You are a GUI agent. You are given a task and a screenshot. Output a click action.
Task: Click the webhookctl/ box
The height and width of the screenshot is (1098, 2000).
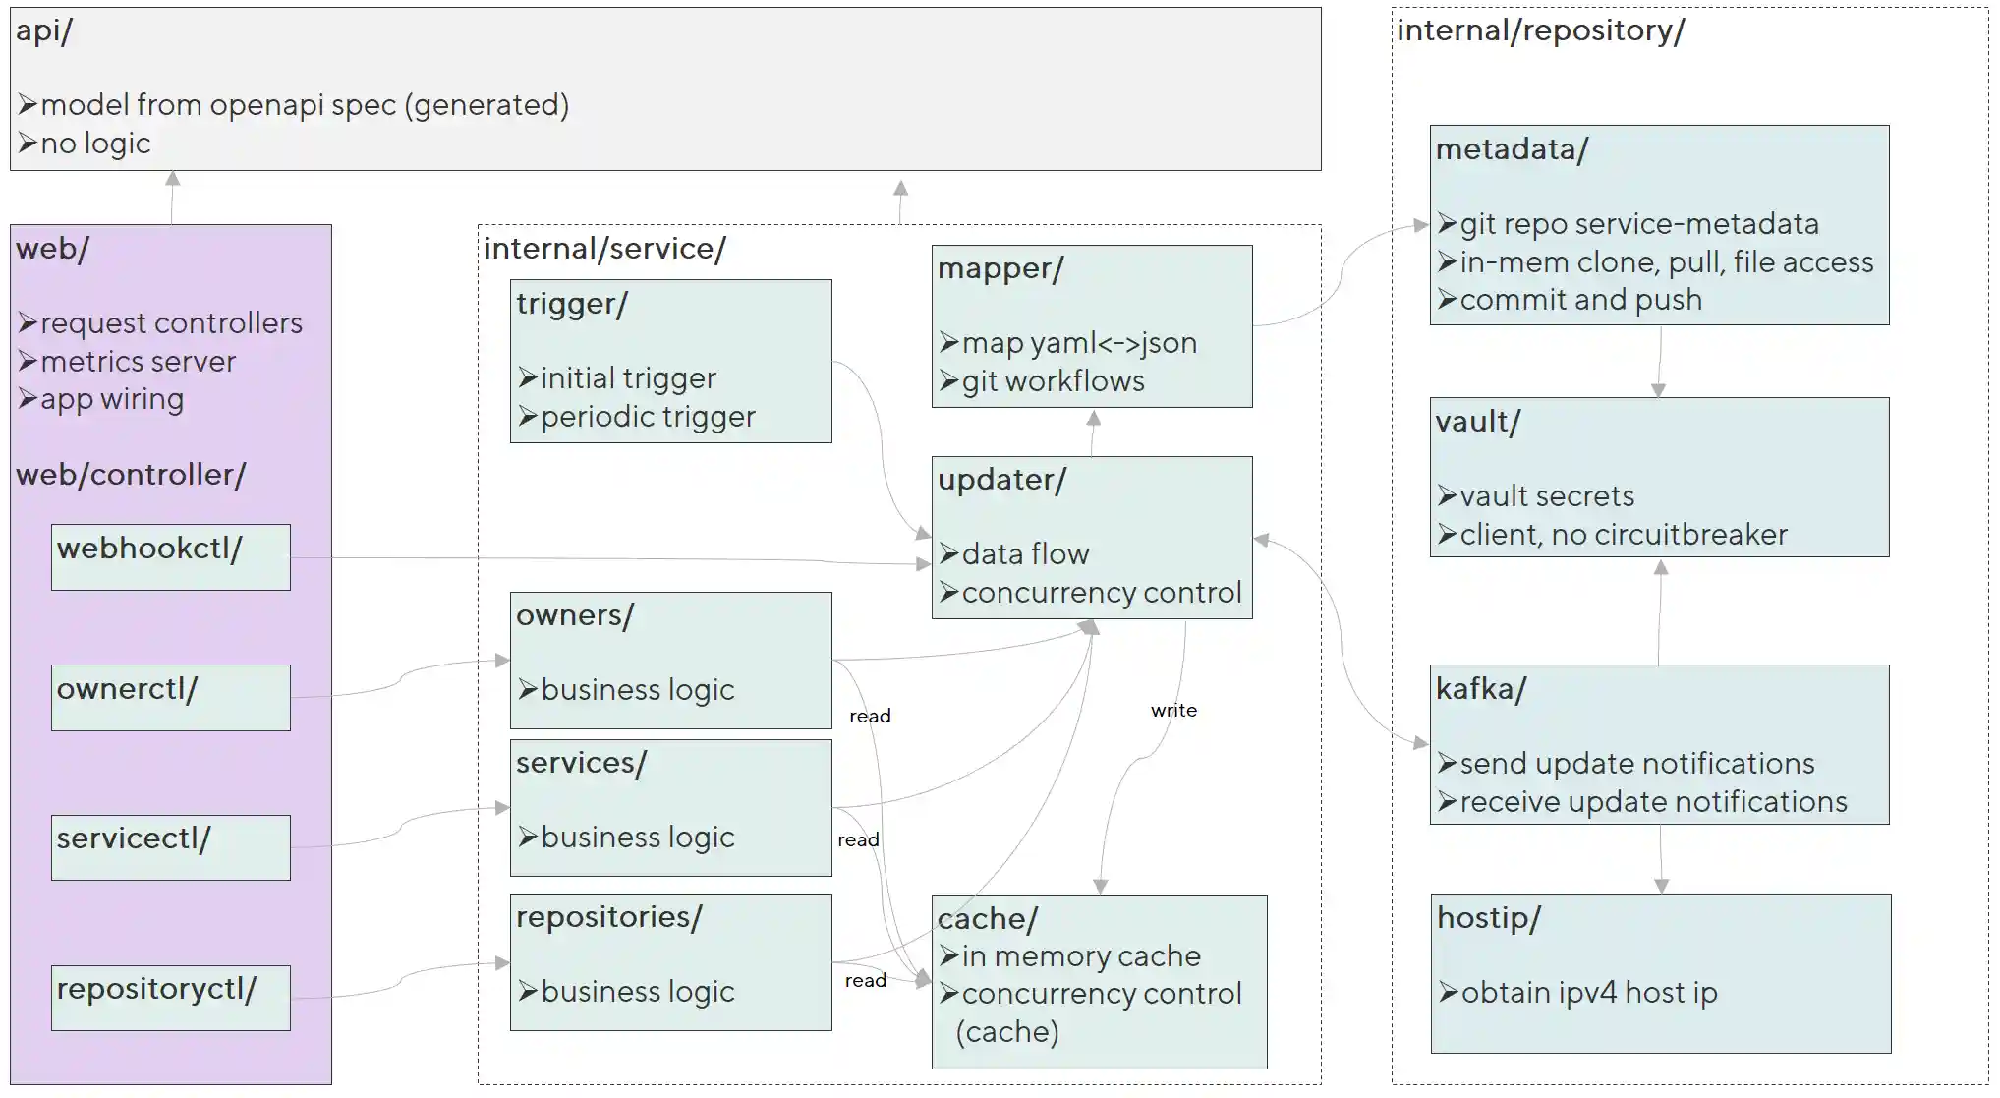170,556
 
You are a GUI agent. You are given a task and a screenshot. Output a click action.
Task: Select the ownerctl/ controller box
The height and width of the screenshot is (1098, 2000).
170,697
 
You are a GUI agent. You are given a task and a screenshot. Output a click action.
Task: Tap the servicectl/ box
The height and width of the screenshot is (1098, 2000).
170,846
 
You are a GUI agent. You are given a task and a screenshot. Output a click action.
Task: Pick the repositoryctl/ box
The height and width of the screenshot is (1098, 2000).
170,997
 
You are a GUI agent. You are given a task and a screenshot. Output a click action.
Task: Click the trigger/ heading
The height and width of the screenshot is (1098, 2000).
572,304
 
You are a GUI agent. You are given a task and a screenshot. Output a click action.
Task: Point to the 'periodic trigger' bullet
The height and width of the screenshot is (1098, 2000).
647,417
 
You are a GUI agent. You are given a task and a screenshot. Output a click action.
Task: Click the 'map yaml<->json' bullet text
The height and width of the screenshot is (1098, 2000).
1078,343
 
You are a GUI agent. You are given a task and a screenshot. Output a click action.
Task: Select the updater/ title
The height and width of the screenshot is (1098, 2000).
1001,480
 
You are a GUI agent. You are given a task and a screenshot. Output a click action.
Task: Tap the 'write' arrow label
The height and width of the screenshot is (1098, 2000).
1173,710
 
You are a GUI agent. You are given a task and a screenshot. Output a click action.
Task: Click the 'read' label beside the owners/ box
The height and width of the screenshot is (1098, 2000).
870,716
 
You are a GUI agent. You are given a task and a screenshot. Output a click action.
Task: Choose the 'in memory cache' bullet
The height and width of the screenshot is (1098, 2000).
1080,955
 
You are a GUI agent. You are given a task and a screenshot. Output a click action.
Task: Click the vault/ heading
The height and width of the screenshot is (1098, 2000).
1477,422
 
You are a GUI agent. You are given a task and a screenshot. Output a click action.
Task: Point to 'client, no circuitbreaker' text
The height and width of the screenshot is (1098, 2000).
1623,535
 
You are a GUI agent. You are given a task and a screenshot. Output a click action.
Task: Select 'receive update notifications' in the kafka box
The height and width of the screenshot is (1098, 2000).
1653,802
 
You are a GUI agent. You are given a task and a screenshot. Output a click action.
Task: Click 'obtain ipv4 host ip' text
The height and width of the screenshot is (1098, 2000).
1588,993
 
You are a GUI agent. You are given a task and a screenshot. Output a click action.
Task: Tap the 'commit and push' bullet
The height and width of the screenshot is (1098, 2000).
1580,300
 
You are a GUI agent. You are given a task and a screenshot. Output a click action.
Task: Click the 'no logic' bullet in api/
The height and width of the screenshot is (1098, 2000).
94,144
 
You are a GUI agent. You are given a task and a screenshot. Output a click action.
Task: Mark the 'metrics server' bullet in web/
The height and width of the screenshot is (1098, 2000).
138,362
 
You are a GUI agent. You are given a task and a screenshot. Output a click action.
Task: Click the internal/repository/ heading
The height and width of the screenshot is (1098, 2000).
1540,30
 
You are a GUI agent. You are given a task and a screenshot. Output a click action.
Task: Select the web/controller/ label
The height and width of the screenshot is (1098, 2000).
131,475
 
